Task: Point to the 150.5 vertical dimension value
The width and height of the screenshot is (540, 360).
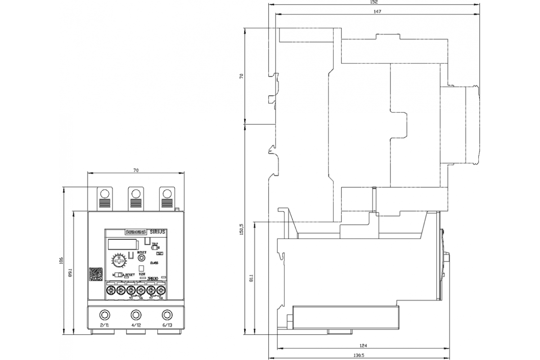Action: point(241,230)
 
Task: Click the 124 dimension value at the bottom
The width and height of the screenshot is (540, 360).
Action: point(364,346)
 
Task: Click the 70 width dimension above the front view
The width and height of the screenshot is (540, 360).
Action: point(136,170)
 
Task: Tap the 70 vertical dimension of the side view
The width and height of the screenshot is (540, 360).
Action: point(241,76)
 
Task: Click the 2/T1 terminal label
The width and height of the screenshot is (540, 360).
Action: point(104,325)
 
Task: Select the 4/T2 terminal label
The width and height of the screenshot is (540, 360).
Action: point(135,325)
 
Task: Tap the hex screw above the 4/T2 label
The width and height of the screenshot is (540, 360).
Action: point(135,314)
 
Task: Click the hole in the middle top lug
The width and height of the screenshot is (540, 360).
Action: point(135,193)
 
